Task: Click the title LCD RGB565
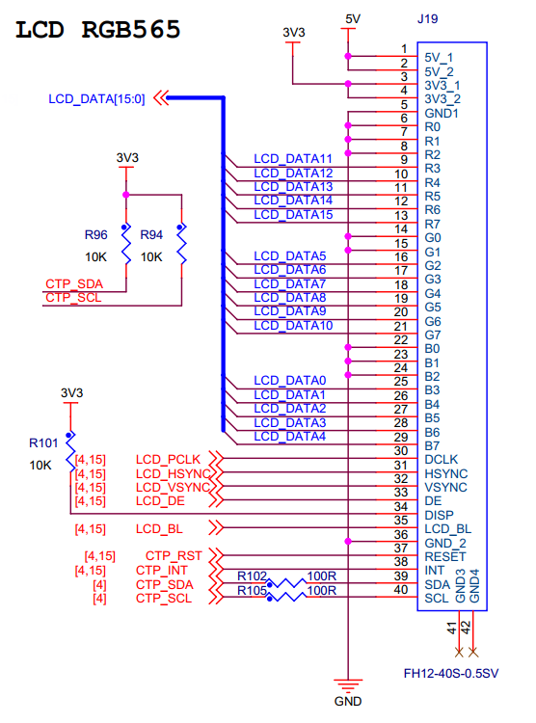coord(97,30)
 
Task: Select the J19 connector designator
coord(428,19)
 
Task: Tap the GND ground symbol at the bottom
coord(348,685)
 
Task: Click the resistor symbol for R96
coord(126,244)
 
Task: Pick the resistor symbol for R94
coord(182,244)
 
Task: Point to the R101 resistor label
coord(43,443)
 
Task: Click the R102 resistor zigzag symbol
coord(286,583)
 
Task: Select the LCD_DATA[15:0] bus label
coord(96,99)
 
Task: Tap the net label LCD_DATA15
coord(293,214)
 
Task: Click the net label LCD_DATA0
coord(289,381)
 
